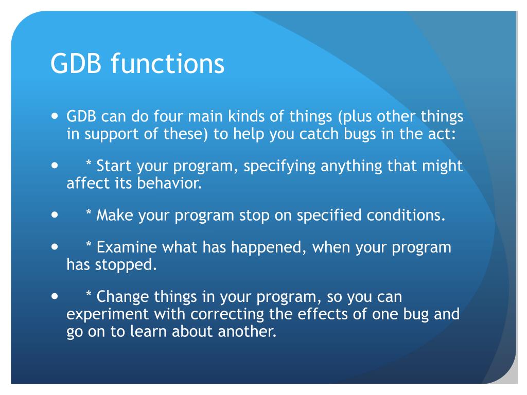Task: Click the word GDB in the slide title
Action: coord(76,63)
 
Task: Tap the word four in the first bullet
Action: coord(168,116)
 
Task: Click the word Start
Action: coord(114,166)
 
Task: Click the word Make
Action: coord(115,216)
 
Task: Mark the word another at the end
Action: coord(247,332)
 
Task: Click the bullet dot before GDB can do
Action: coord(55,116)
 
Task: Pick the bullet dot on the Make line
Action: coord(55,215)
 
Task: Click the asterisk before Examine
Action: coord(89,244)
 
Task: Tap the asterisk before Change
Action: coord(89,294)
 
